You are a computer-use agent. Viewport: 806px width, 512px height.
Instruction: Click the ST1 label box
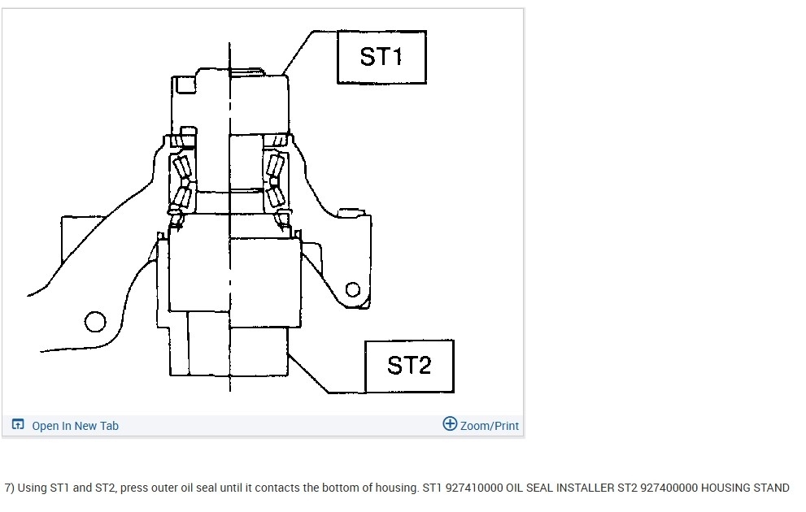pyautogui.click(x=381, y=57)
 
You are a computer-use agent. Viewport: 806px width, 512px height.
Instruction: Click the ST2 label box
pyautogui.click(x=408, y=366)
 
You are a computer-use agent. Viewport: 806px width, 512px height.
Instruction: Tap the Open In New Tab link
pyautogui.click(x=75, y=426)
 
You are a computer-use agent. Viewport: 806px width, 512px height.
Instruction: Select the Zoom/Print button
pyautogui.click(x=489, y=426)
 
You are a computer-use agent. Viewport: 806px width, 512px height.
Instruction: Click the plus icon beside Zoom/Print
pyautogui.click(x=450, y=423)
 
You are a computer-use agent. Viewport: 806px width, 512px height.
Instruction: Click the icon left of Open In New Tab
pyautogui.click(x=18, y=425)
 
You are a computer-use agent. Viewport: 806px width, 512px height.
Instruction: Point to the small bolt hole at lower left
pyautogui.click(x=95, y=322)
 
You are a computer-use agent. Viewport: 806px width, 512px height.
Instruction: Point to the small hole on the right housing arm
pyautogui.click(x=353, y=289)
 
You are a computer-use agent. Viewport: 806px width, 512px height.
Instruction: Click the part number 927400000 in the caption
pyautogui.click(x=669, y=488)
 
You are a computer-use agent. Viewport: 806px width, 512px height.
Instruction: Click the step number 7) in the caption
pyautogui.click(x=9, y=488)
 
